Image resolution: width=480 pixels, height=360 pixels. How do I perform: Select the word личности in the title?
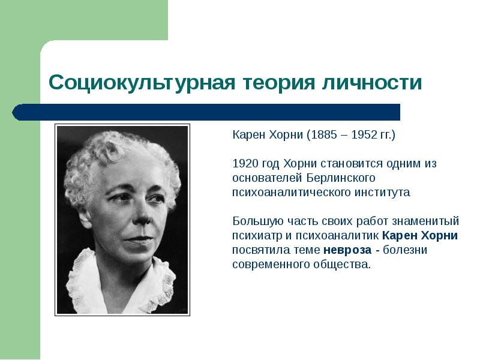pos(372,82)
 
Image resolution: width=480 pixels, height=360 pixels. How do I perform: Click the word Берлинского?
pos(341,178)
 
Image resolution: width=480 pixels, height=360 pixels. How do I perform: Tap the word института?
pos(382,193)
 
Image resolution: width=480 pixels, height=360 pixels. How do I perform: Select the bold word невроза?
pos(347,250)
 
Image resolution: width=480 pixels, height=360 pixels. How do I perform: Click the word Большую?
pos(254,221)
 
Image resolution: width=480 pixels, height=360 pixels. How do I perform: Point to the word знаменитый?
pos(425,221)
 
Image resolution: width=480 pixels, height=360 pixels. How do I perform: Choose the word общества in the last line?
pos(341,265)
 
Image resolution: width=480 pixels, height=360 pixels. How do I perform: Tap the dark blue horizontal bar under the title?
pos(206,112)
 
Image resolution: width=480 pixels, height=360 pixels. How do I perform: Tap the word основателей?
pos(267,178)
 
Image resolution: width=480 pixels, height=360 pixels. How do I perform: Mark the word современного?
pos(271,265)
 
